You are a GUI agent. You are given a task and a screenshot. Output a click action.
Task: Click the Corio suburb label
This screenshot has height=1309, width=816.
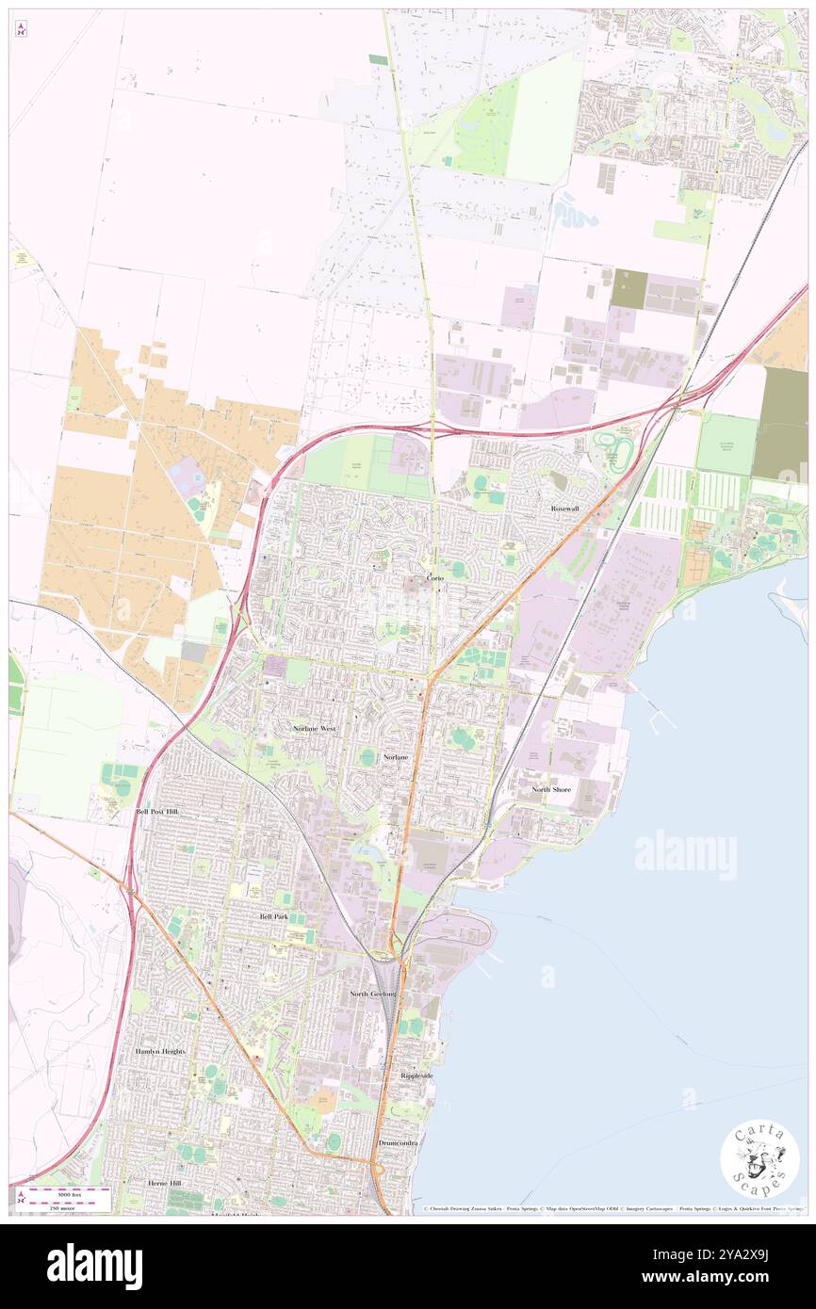[434, 577]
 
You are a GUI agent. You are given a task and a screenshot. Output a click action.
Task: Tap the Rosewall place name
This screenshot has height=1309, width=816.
[564, 509]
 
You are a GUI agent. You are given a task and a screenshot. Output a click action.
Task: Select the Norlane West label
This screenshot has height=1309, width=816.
[314, 729]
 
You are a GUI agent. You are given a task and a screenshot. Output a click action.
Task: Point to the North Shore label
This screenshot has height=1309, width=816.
[551, 789]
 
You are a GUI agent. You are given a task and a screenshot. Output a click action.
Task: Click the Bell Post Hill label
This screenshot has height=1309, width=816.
[156, 811]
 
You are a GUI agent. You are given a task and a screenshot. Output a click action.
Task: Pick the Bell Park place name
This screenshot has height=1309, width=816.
[274, 915]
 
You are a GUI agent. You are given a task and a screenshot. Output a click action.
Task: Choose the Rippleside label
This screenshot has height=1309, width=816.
[416, 1075]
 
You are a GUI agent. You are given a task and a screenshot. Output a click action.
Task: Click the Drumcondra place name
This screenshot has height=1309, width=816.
[399, 1142]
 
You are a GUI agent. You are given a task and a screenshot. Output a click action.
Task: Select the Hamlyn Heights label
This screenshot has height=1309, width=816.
[160, 1051]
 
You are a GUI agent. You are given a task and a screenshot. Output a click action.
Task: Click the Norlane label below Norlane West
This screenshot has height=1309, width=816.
[398, 757]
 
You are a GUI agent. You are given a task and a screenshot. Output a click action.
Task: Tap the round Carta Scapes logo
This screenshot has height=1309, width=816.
[759, 1159]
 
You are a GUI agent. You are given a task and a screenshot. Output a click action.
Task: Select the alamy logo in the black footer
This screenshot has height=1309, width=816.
[94, 1266]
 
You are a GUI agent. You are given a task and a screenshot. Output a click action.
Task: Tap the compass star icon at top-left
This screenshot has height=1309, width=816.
[21, 29]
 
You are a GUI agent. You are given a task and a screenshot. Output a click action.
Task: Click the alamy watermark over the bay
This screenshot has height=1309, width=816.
[685, 854]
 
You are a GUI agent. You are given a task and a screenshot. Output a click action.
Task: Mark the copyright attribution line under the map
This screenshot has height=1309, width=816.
[612, 1208]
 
